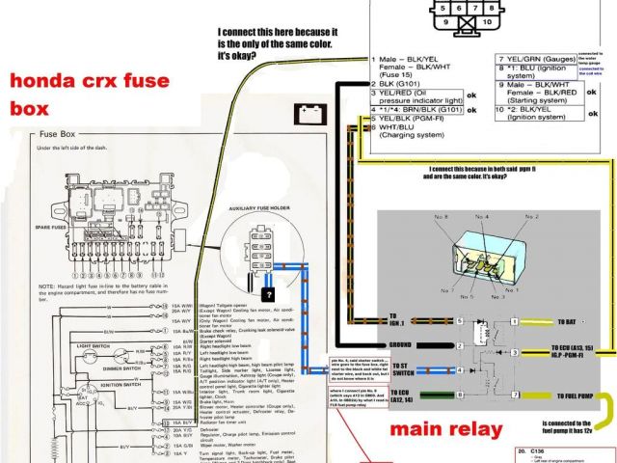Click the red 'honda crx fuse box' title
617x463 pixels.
[x=77, y=94]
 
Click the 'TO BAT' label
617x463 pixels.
[x=568, y=320]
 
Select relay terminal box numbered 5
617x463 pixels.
[x=460, y=320]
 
